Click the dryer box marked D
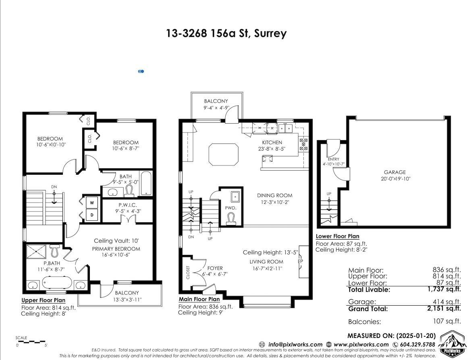[x=92, y=215]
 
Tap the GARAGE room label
[x=394, y=172]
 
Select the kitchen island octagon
[x=223, y=153]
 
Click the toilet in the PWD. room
[x=231, y=217]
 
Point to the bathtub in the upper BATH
[x=145, y=183]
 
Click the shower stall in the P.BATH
[x=37, y=251]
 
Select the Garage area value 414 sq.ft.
[x=446, y=302]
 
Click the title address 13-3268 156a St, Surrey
[x=226, y=33]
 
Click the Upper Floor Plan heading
[x=43, y=300]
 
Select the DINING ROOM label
[x=274, y=196]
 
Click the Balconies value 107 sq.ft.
[x=446, y=321]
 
